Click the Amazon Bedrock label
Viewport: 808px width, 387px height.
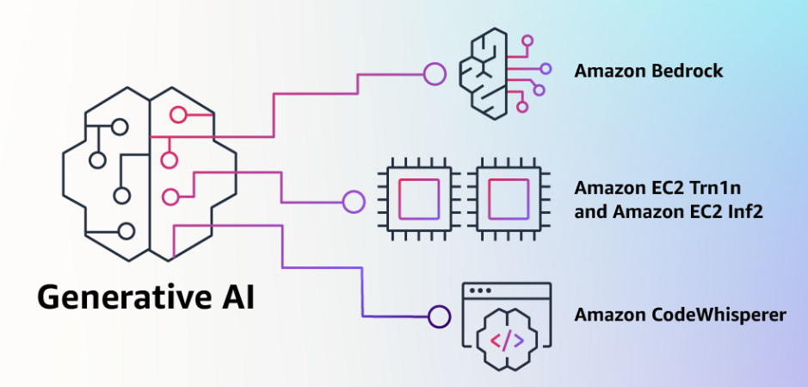coord(649,71)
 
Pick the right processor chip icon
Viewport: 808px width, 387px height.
coord(509,197)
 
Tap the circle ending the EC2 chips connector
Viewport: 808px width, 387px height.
coord(353,203)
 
